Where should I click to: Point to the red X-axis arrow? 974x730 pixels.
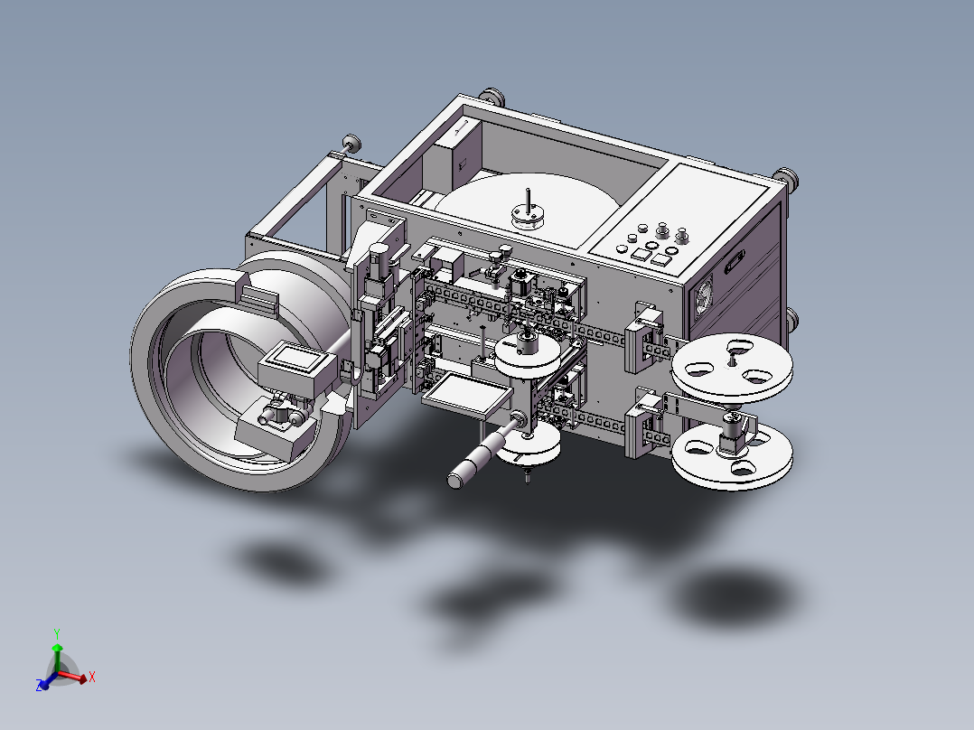[72, 677]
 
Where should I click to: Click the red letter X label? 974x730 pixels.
[92, 677]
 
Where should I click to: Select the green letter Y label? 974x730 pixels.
[57, 634]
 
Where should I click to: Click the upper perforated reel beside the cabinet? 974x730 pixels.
[732, 368]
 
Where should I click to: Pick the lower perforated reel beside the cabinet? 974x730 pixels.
[733, 456]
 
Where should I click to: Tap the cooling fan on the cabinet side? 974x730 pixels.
[705, 299]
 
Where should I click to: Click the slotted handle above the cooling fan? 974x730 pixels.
[735, 262]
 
